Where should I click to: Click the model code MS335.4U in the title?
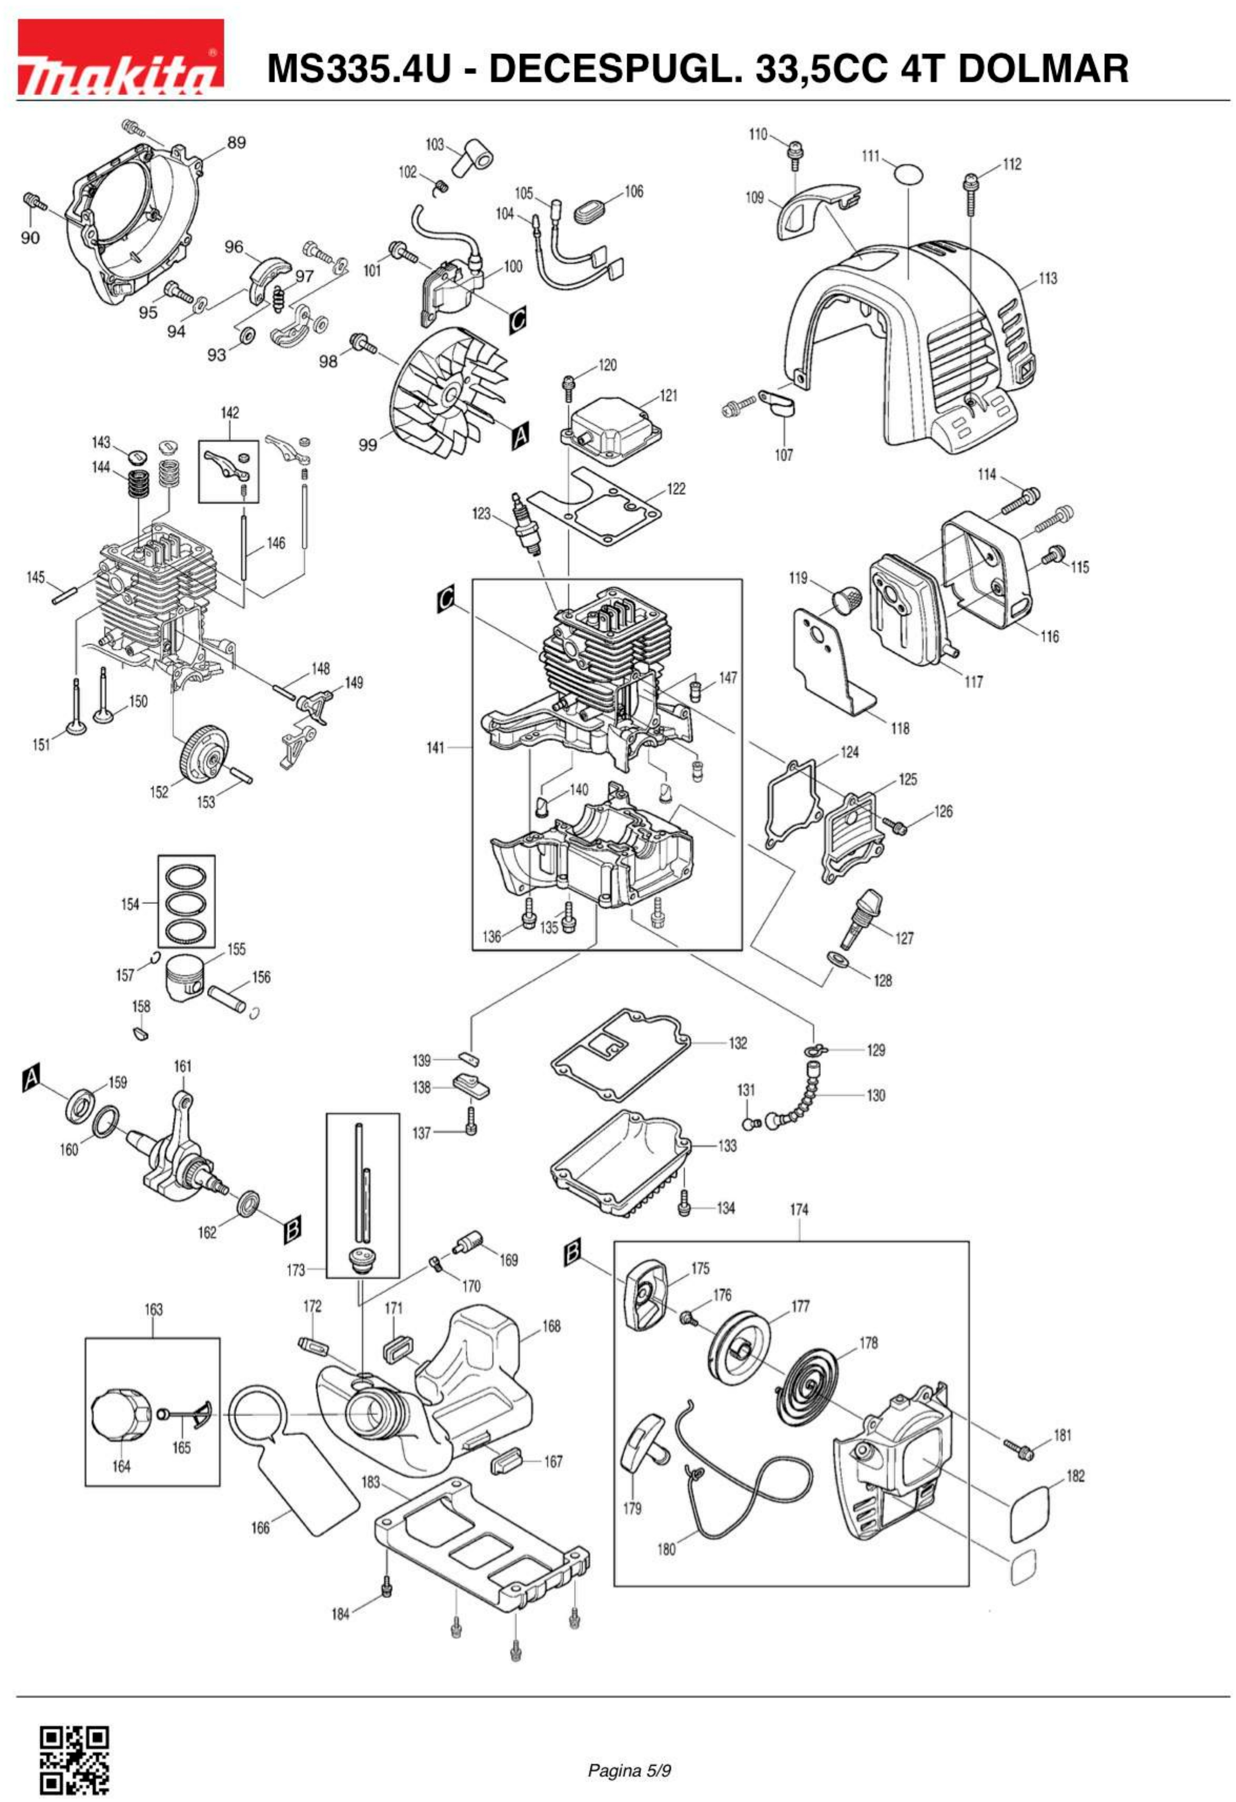tap(358, 68)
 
